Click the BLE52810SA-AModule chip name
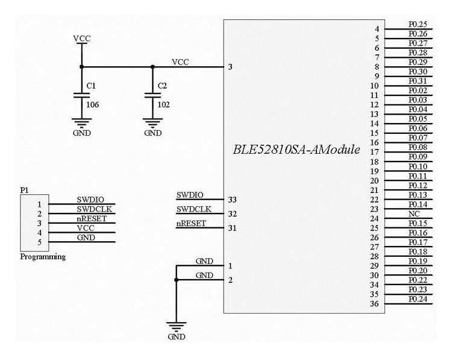pos(296,150)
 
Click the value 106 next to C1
pos(92,105)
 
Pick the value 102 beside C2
pos(163,105)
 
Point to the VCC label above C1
pos(81,39)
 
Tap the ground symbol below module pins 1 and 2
pos(176,329)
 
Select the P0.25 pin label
pos(418,24)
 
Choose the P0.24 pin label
pos(418,299)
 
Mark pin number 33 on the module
pos(231,200)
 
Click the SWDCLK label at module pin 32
pos(193,209)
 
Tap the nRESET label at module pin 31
pos(191,224)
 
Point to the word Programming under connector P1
pos(43,257)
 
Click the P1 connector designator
pos(24,190)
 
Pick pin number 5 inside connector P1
pos(39,243)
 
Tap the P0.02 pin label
pos(418,90)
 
